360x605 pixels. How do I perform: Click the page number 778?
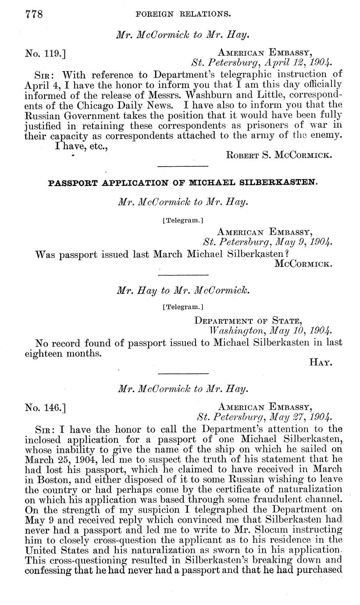[x=33, y=14]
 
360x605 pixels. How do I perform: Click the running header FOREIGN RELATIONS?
[x=184, y=14]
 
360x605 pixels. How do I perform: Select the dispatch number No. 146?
[x=45, y=407]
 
